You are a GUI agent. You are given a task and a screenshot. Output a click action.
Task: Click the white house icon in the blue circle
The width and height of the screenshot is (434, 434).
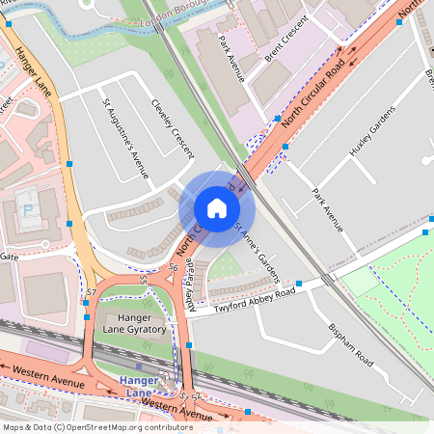[217, 208]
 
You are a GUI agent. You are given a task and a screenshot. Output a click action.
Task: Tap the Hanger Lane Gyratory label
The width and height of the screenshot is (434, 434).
[134, 323]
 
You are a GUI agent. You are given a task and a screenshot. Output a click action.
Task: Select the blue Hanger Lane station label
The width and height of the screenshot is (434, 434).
[138, 387]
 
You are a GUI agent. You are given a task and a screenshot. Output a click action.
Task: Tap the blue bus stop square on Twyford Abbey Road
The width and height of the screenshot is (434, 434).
[299, 284]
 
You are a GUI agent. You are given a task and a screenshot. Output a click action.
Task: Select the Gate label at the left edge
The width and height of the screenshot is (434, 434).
[10, 258]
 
